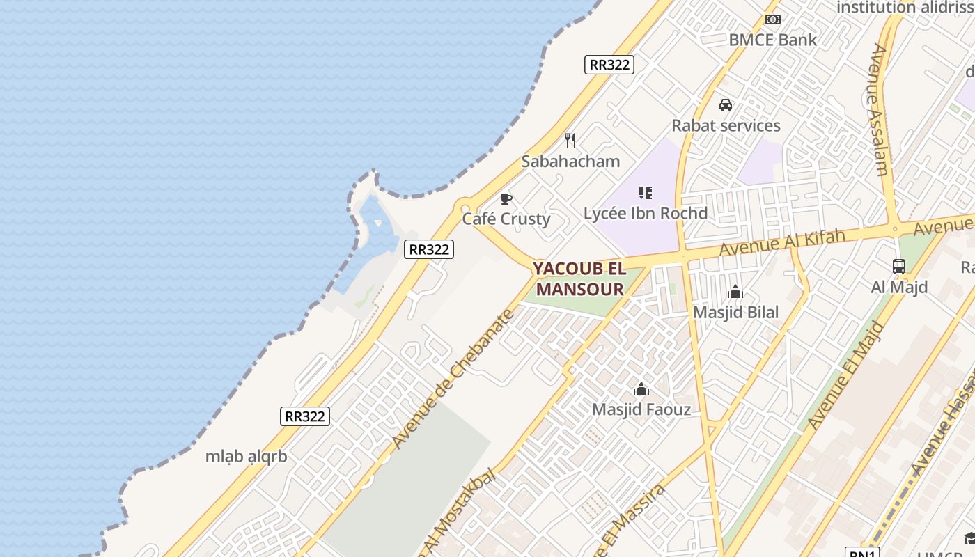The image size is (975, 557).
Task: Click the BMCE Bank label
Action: click(x=772, y=40)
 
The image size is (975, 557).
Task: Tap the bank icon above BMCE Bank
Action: click(x=772, y=19)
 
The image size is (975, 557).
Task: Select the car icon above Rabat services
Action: click(x=726, y=105)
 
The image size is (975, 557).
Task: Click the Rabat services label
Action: click(x=726, y=126)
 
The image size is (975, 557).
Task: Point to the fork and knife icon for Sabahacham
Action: click(x=570, y=141)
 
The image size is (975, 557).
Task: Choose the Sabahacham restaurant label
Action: click(x=570, y=162)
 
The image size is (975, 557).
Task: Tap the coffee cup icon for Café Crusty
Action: click(x=506, y=199)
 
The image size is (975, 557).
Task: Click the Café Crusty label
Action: click(x=506, y=219)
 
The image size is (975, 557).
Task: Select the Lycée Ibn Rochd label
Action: click(x=645, y=214)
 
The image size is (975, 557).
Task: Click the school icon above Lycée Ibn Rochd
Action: click(x=645, y=193)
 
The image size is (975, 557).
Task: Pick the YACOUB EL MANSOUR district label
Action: click(x=579, y=279)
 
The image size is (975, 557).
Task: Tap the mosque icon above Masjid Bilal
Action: click(x=735, y=292)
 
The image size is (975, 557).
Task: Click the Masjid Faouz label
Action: click(x=641, y=409)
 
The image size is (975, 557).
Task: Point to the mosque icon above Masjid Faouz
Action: click(x=641, y=389)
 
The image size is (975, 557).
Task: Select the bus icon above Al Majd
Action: click(x=899, y=266)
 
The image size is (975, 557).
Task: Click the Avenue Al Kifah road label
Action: click(x=782, y=242)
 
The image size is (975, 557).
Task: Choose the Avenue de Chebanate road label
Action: click(x=453, y=379)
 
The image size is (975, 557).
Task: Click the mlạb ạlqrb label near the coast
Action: click(x=246, y=457)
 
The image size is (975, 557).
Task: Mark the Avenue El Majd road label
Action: click(x=845, y=376)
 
